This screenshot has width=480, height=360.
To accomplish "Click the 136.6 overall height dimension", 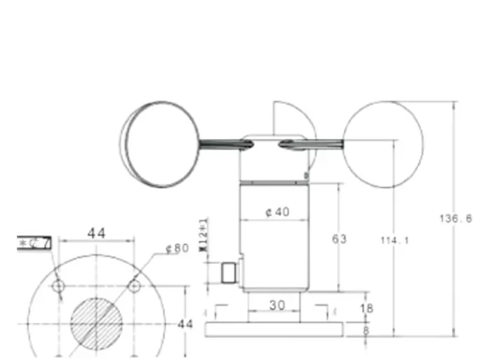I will click(x=455, y=218).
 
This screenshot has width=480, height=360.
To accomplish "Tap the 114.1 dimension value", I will click(x=394, y=241).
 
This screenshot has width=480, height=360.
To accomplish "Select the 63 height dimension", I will click(x=339, y=239).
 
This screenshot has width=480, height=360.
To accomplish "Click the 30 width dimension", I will click(x=277, y=305).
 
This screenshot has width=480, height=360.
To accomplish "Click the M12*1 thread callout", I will click(x=204, y=235).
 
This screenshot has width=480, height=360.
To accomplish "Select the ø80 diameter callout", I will click(x=177, y=248).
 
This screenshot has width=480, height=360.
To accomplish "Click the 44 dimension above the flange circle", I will click(x=96, y=233).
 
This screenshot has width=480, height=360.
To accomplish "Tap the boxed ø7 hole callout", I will click(x=34, y=244).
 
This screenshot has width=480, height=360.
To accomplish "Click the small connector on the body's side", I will click(x=228, y=272).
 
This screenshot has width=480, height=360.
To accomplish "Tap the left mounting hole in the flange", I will click(x=59, y=286).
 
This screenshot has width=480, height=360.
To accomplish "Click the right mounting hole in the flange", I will click(x=134, y=286).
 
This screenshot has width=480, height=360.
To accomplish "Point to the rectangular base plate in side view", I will click(x=276, y=328).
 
